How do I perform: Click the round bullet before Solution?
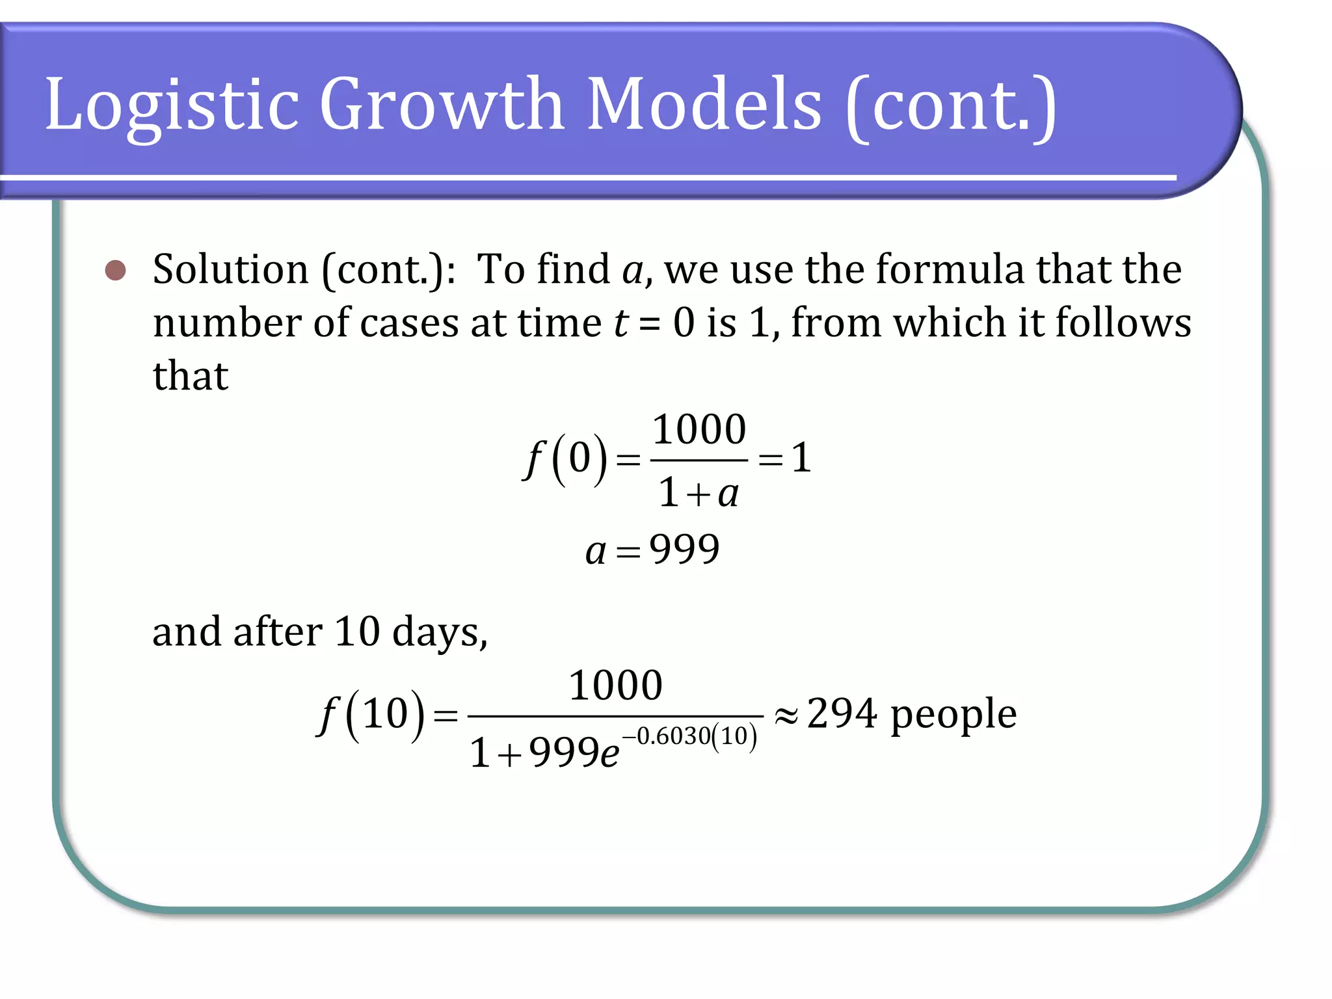[116, 271]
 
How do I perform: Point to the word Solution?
[231, 269]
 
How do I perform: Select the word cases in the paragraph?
[409, 323]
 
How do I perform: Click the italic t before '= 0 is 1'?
[621, 323]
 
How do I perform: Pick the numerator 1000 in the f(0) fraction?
[699, 430]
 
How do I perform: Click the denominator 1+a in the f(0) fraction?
[699, 493]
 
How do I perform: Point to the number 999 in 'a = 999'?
[684, 550]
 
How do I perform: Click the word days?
[440, 632]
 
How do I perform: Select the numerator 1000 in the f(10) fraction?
[615, 686]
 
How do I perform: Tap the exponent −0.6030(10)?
[690, 736]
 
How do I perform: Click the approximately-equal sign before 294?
[786, 716]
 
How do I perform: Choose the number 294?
[842, 713]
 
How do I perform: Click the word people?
[953, 715]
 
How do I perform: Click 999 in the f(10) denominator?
[564, 753]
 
